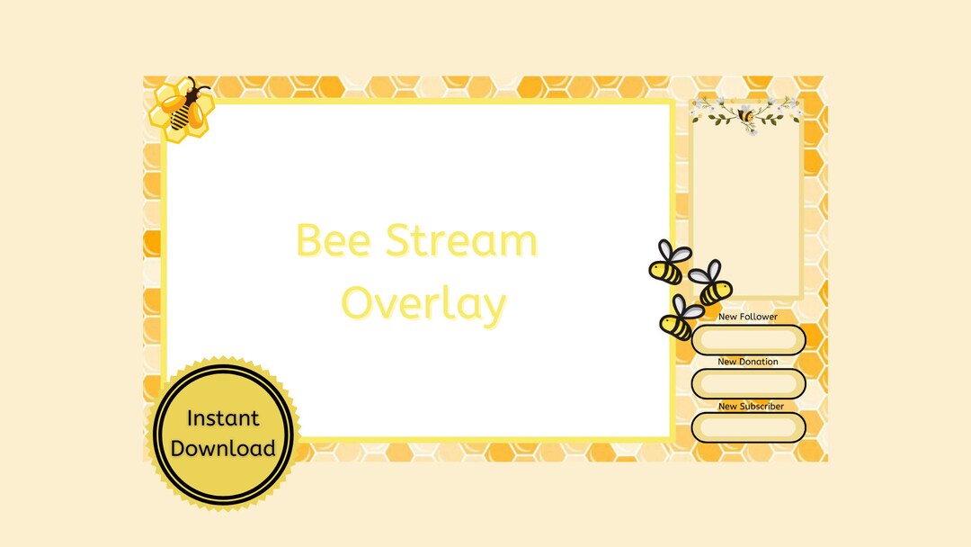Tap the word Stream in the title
click(x=462, y=241)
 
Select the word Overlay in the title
click(x=423, y=304)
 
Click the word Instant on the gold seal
click(x=223, y=418)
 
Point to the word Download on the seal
click(x=223, y=449)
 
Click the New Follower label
click(x=748, y=318)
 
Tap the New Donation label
click(x=748, y=362)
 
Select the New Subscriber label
click(x=751, y=407)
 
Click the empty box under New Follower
click(x=748, y=339)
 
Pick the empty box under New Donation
click(x=748, y=384)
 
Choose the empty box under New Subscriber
click(x=748, y=427)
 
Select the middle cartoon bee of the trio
click(x=712, y=284)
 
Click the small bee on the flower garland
click(x=747, y=115)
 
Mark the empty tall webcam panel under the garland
click(x=745, y=216)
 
